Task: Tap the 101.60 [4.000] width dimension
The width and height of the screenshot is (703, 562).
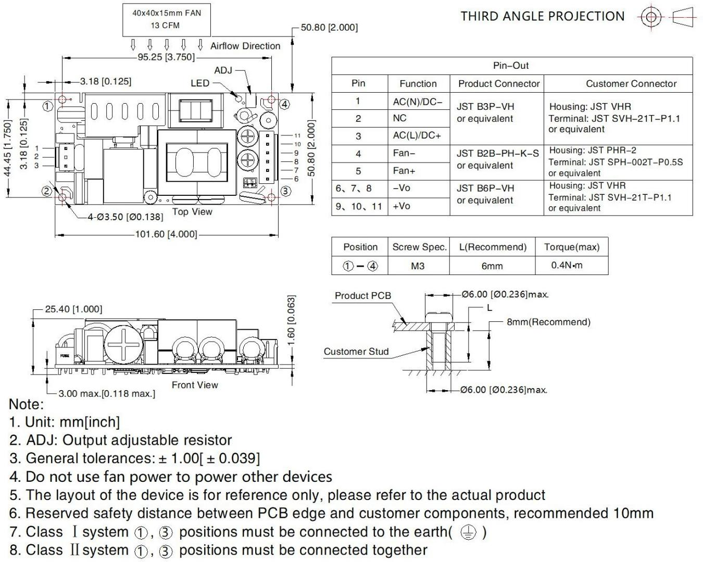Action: pyautogui.click(x=166, y=234)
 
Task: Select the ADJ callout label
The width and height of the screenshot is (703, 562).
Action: pyautogui.click(x=223, y=70)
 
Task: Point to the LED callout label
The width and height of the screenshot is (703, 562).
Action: pyautogui.click(x=199, y=83)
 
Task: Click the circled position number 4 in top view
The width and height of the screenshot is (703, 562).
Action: pyautogui.click(x=284, y=104)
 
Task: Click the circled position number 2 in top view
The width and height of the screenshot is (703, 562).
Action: pyautogui.click(x=47, y=191)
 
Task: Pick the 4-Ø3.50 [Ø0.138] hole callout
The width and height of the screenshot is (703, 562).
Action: pyautogui.click(x=124, y=217)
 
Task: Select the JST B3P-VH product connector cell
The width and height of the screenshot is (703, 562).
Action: pyautogui.click(x=485, y=113)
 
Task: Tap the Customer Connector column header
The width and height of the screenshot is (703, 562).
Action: pyautogui.click(x=631, y=83)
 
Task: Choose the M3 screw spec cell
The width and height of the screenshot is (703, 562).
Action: pyautogui.click(x=418, y=266)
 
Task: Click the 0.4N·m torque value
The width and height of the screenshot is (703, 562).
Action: pyautogui.click(x=567, y=265)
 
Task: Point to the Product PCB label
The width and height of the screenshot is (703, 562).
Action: pyautogui.click(x=362, y=295)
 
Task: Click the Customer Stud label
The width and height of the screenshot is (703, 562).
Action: pyautogui.click(x=356, y=352)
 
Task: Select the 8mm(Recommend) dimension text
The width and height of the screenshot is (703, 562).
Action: pyautogui.click(x=548, y=322)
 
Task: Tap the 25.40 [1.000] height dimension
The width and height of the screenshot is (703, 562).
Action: pyautogui.click(x=73, y=309)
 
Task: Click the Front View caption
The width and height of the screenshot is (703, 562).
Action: pyautogui.click(x=195, y=385)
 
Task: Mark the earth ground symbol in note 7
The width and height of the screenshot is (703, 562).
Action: pyautogui.click(x=468, y=532)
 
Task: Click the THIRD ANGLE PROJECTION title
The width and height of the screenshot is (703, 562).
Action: pyautogui.click(x=542, y=16)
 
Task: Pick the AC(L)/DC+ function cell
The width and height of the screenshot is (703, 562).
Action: pyautogui.click(x=417, y=136)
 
